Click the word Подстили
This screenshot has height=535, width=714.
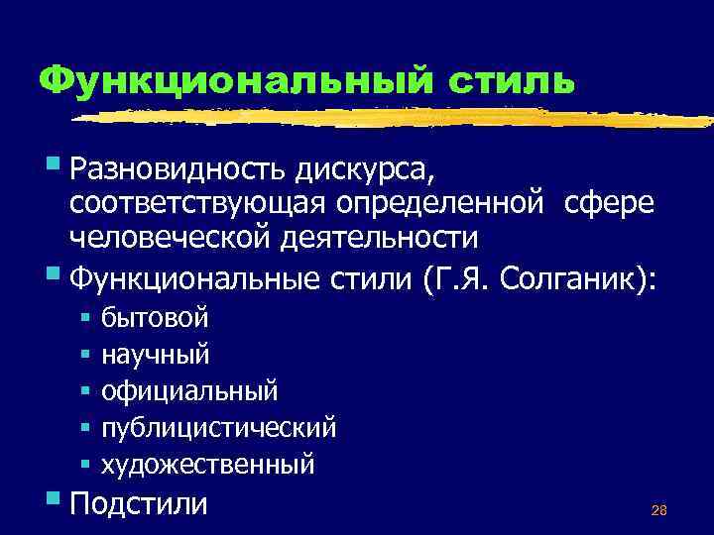(x=139, y=502)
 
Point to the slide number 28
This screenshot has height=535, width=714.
(x=658, y=511)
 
